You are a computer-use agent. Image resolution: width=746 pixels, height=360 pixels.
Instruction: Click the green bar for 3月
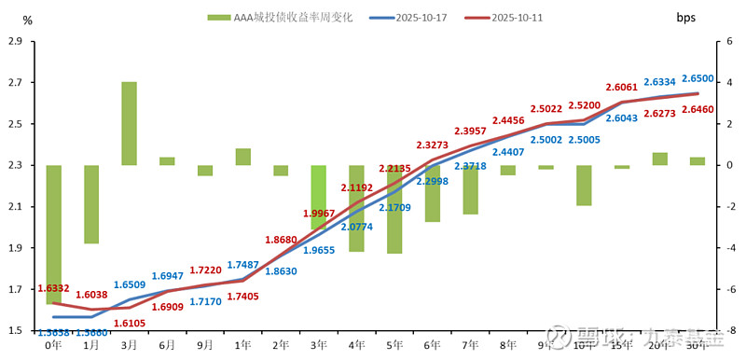pos(129,123)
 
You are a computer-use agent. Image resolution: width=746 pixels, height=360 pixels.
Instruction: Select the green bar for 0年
pos(53,234)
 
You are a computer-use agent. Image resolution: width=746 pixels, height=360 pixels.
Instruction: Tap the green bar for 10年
pos(584,185)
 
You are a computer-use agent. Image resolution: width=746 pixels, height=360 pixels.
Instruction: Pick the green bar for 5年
pos(394,209)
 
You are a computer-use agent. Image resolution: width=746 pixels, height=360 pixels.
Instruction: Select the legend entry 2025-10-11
pos(510,17)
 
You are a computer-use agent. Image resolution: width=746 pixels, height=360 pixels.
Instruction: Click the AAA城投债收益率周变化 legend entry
pos(280,17)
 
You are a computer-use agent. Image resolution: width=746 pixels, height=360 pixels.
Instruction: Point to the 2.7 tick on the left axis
pos(14,83)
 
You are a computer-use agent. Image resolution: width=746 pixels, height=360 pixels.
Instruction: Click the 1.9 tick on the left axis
pos(14,248)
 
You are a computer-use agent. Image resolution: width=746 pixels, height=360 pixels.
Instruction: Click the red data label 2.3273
pos(432,145)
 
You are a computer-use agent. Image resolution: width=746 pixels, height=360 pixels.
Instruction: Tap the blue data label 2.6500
pos(698,79)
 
